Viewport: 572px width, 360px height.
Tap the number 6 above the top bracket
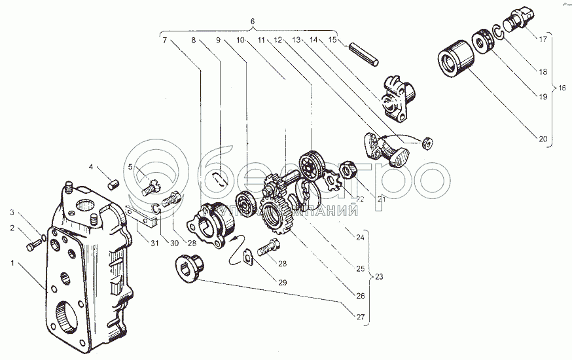pos(252,22)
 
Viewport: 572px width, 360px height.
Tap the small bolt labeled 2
pos(33,246)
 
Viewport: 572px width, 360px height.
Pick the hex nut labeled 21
pos(349,171)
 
